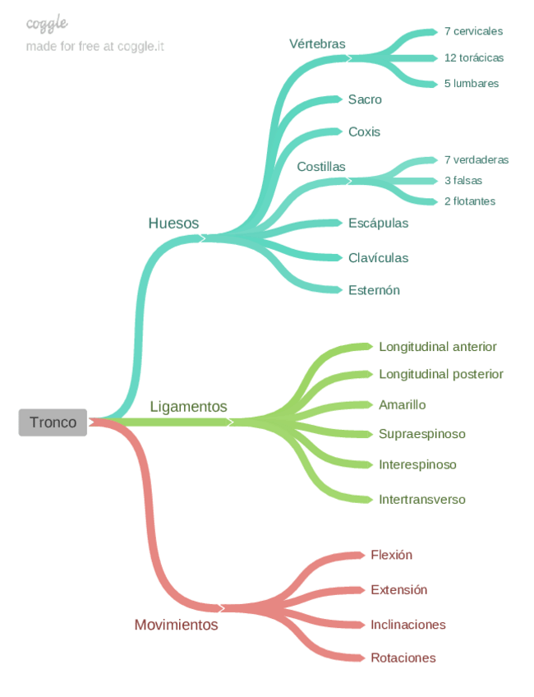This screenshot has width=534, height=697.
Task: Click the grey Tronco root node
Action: point(53,422)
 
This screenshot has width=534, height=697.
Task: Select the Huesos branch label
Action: point(173,224)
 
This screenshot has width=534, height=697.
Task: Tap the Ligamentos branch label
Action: point(188,407)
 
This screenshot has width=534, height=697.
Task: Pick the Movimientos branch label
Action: point(176,625)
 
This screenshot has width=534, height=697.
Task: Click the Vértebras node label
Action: point(317,44)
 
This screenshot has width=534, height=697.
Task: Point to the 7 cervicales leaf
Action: point(473,31)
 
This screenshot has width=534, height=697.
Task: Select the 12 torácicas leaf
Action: point(474,58)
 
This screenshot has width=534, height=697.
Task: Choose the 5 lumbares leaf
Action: point(471,83)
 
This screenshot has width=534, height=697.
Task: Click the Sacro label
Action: point(365,99)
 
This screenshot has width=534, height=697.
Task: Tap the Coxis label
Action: point(364,132)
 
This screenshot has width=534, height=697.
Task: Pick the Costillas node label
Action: point(321,167)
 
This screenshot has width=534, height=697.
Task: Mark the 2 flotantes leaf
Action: point(470,201)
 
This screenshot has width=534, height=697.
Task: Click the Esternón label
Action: point(374,290)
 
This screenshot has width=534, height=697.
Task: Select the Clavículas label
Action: point(378,258)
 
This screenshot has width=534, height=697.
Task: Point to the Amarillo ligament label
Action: point(402,404)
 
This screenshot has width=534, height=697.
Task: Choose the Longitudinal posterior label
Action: point(440,374)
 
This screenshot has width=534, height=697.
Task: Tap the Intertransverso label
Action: point(421,499)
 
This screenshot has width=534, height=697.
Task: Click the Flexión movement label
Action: point(391,555)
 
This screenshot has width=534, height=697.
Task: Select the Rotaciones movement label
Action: point(403,658)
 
